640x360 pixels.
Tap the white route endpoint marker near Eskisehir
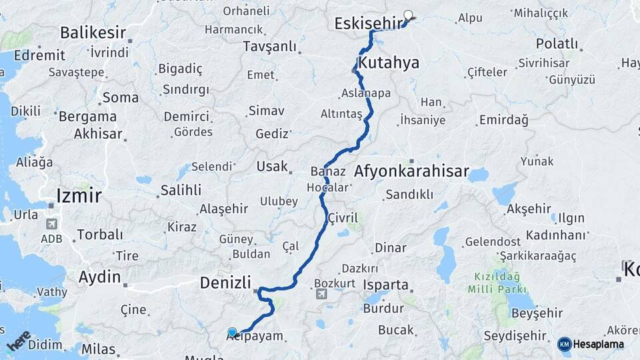pos(408,14)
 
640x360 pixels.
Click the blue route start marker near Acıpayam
pos(232,332)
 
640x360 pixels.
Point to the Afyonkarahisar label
pos(411,171)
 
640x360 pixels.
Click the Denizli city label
pos(225,283)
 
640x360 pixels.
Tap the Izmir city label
pos(79,195)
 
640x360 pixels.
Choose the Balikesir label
pos(93,32)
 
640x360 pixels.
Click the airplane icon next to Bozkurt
pos(321,293)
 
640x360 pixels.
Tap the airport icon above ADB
pos(51,225)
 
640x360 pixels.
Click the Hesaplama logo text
pos(597,345)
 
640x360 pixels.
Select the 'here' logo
pos(18,341)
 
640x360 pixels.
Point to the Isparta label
pos(386,285)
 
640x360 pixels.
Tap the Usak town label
pos(272,167)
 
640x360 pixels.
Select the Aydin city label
pos(100,277)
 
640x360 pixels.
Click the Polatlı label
pos(557,43)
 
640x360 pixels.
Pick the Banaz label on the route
pos(328,171)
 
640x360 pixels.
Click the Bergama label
pos(87,116)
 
